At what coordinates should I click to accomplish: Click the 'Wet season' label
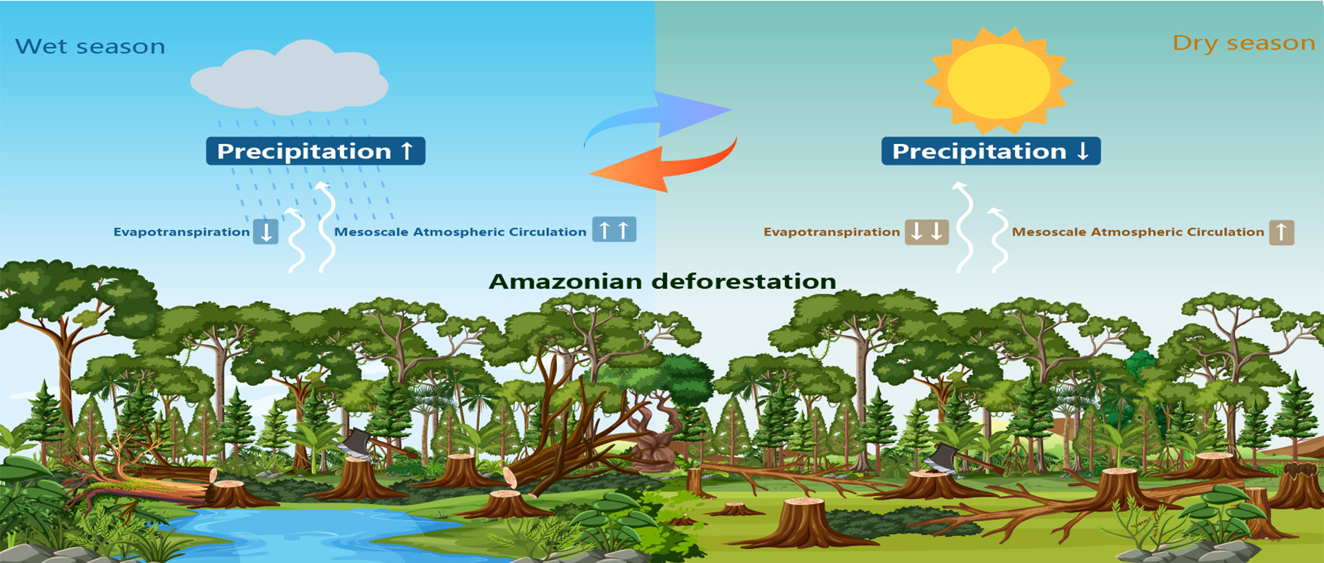(x=90, y=46)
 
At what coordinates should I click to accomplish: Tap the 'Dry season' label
(x=1244, y=43)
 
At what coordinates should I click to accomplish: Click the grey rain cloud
(x=289, y=78)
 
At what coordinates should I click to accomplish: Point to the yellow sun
(x=999, y=81)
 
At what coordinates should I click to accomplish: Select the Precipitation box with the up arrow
(x=316, y=151)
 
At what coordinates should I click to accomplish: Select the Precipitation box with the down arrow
(x=991, y=151)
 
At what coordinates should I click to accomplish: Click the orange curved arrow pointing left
(x=663, y=165)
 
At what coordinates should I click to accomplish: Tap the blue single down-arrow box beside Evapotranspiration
(x=266, y=231)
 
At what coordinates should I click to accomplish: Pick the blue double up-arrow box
(x=614, y=229)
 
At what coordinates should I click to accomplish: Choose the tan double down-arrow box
(x=926, y=232)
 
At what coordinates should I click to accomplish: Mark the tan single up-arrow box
(x=1281, y=232)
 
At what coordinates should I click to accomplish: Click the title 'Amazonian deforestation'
(x=662, y=281)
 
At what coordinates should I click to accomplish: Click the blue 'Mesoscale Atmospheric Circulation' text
(x=460, y=232)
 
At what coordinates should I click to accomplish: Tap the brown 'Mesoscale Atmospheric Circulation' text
(x=1138, y=232)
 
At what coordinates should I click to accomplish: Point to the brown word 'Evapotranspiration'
(x=832, y=232)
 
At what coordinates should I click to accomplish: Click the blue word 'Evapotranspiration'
(x=181, y=232)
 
